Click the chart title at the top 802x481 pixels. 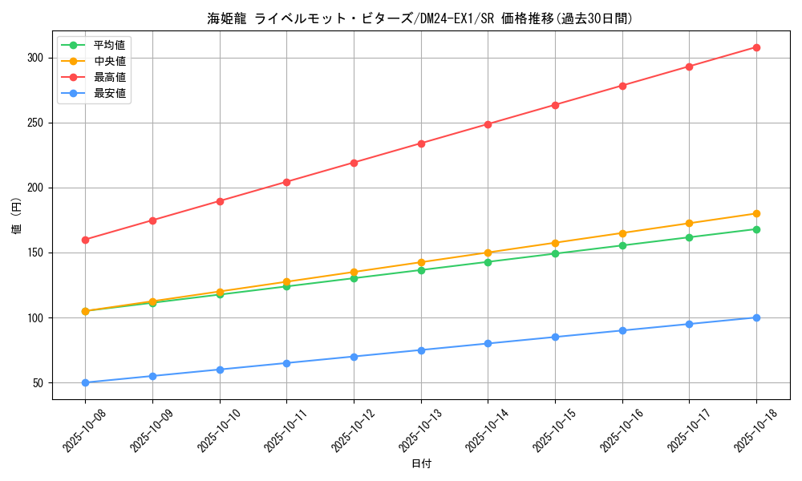[420, 18]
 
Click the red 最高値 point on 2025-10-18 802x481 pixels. [756, 47]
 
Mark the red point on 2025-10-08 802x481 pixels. [85, 240]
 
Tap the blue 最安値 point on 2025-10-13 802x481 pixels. [421, 350]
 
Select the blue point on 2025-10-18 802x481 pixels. [756, 317]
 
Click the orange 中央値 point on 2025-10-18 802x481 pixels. [756, 213]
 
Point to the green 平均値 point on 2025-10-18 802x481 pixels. [756, 229]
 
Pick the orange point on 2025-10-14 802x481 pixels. [488, 253]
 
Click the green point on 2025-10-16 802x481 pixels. [622, 245]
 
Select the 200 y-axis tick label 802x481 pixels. [37, 188]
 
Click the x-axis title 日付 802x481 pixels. [421, 464]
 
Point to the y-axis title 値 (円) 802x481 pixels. [17, 215]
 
